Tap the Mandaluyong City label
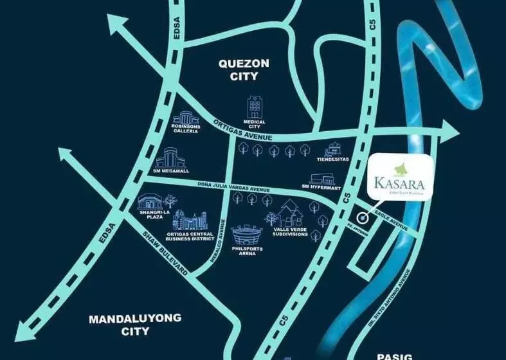(x=135, y=325)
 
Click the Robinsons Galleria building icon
(x=186, y=118)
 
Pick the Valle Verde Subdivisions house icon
(x=291, y=213)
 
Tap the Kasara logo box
(x=402, y=179)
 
